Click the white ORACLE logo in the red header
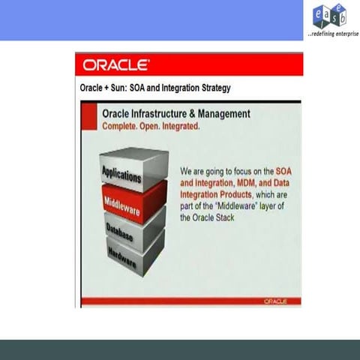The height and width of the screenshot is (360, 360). (116, 64)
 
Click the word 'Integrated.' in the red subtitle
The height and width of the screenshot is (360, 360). (184, 126)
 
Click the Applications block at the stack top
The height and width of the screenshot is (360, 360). (121, 175)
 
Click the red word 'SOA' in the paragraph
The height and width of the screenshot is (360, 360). (284, 172)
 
